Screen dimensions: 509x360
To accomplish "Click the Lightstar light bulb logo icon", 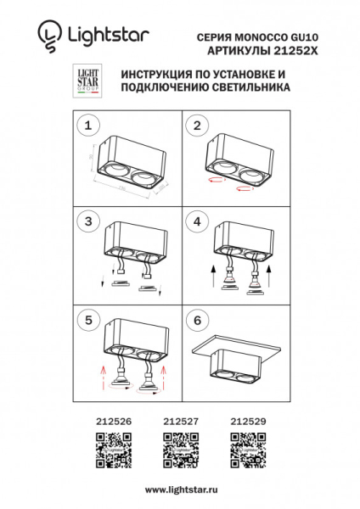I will pyautogui.click(x=48, y=34).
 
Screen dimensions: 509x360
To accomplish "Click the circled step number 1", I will pyautogui.click(x=85, y=126).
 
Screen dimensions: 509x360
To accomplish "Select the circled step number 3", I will pyautogui.click(x=85, y=221).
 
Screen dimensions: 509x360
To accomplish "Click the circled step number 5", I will pyautogui.click(x=85, y=321).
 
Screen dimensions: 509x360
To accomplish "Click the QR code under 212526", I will pyautogui.click(x=112, y=450).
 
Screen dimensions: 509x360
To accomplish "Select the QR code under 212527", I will pyautogui.click(x=180, y=450).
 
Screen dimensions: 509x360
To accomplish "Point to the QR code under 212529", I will pyautogui.click(x=248, y=450).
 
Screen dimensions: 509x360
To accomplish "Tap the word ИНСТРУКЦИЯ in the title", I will pyautogui.click(x=158, y=75).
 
